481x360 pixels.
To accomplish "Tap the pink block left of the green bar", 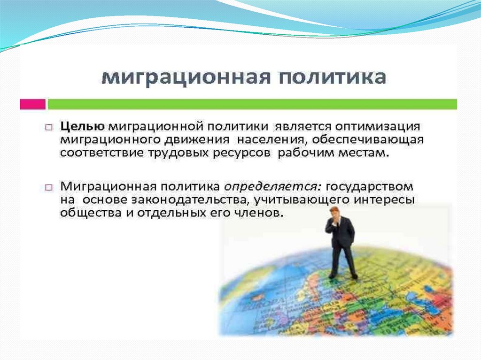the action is pos(33,104).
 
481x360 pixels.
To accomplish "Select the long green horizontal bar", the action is pos(252,104).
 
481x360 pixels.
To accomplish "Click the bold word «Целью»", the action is pos(82,127).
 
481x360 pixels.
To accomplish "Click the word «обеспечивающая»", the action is pos(367,140).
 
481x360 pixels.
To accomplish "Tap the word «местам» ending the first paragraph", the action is pos(364,153).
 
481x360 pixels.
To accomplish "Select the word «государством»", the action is pos(369,187).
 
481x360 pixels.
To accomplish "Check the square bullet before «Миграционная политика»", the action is pos(49,187).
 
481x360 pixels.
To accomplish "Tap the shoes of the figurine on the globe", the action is pos(343,276).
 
